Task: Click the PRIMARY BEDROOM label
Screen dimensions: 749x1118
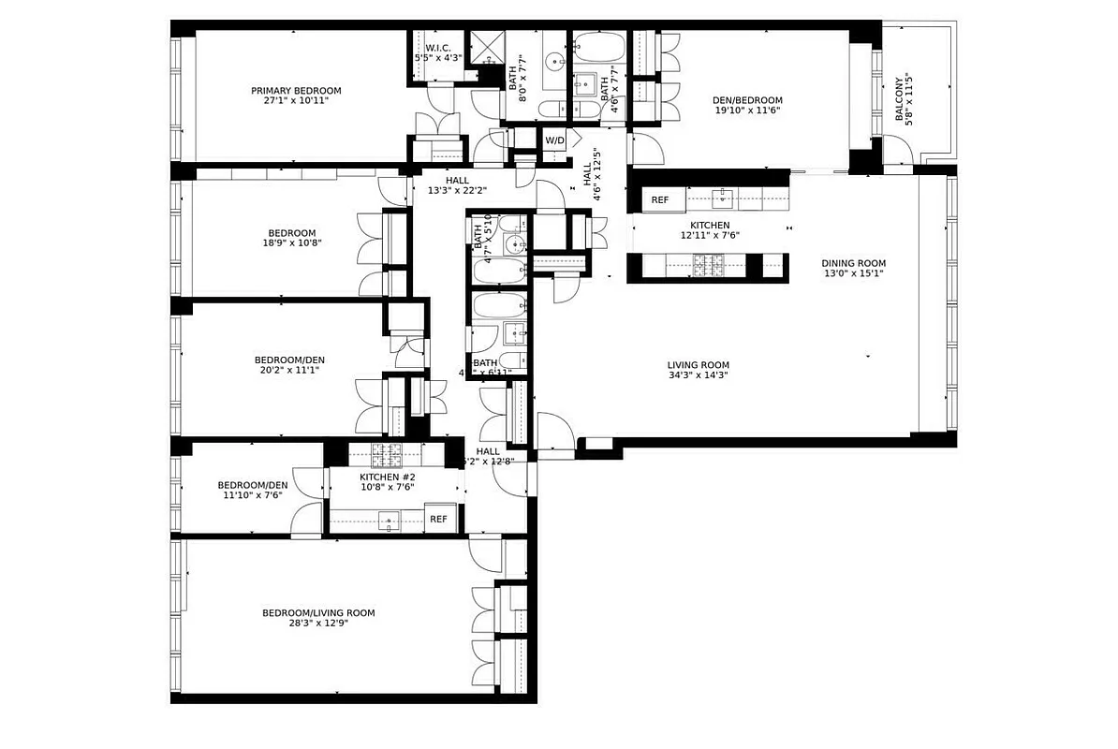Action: [296, 91]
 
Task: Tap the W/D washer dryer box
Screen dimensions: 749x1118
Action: [555, 140]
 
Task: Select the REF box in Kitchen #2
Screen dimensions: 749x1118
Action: [438, 520]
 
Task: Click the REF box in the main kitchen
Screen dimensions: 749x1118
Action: [660, 199]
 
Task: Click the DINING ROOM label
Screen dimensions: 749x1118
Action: [853, 263]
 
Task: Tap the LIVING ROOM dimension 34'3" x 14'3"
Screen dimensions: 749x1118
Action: [698, 375]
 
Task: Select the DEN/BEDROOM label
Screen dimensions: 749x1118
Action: [748, 100]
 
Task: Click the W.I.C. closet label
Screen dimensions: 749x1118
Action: [438, 48]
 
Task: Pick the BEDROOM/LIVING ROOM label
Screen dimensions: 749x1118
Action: [318, 613]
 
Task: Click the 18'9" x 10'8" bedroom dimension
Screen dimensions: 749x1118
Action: [292, 243]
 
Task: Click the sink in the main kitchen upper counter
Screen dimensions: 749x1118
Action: [722, 198]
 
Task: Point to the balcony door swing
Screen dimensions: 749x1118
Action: [897, 151]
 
